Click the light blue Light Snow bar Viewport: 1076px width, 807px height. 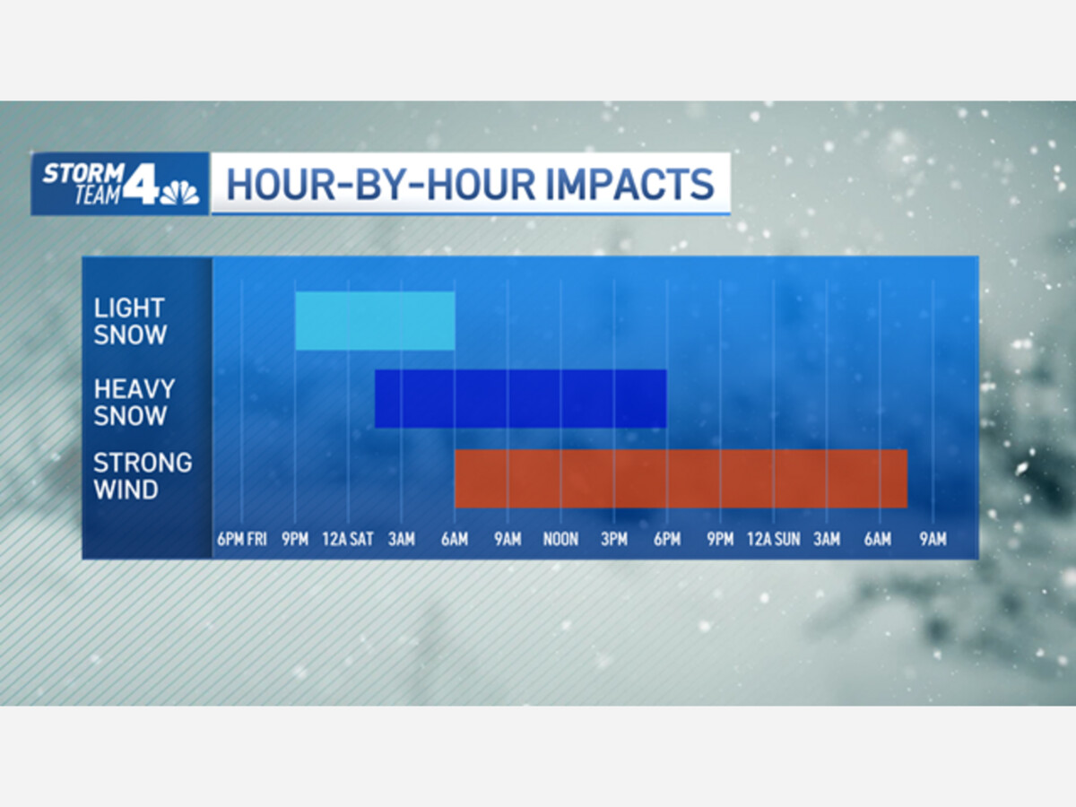(x=375, y=320)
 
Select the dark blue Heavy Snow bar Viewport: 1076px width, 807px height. (x=521, y=399)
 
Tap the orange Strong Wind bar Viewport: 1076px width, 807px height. (x=681, y=479)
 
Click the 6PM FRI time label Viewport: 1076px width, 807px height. (x=242, y=540)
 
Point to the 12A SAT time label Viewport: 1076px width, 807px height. (x=348, y=540)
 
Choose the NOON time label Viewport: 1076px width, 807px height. (x=560, y=540)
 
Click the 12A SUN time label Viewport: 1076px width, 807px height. (x=773, y=540)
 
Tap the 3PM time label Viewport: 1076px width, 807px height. (x=613, y=540)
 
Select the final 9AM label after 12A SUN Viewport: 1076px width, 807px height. (x=933, y=540)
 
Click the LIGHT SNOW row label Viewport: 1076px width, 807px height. (x=130, y=321)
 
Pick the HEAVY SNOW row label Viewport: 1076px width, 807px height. (x=134, y=402)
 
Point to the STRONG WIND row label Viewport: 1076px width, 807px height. (x=143, y=476)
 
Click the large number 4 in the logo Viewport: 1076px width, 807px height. (x=141, y=183)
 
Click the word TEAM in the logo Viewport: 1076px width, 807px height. (x=97, y=195)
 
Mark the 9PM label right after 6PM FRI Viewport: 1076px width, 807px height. (x=295, y=540)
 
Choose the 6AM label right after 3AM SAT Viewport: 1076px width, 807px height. (x=455, y=540)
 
